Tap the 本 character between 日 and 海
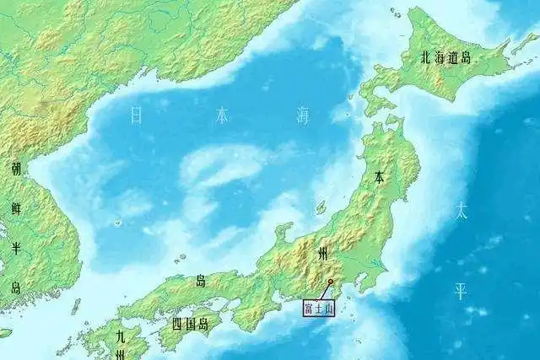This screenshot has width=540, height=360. point(221,116)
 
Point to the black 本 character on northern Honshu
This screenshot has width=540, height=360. point(379,178)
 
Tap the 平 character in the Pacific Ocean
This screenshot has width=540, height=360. point(462,292)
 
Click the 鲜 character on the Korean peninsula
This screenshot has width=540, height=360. point(16,207)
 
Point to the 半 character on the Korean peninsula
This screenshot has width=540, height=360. point(16,247)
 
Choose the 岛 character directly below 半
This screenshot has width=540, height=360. point(16,287)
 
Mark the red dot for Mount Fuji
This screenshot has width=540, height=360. point(330,282)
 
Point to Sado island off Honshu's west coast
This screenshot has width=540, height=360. point(321,207)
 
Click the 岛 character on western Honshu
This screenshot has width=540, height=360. point(200,281)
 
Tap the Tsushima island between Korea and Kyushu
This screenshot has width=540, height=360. point(76,305)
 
